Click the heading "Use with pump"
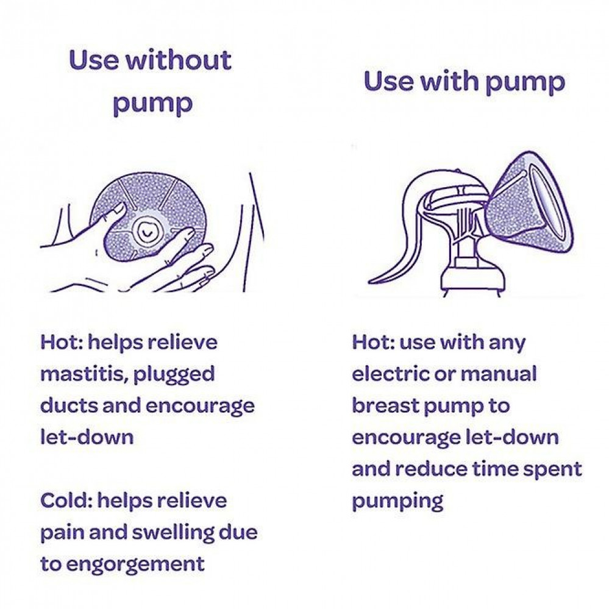point(465,82)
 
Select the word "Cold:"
point(66,500)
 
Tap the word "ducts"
point(68,405)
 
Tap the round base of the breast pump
point(473,278)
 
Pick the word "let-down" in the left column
point(87,437)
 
